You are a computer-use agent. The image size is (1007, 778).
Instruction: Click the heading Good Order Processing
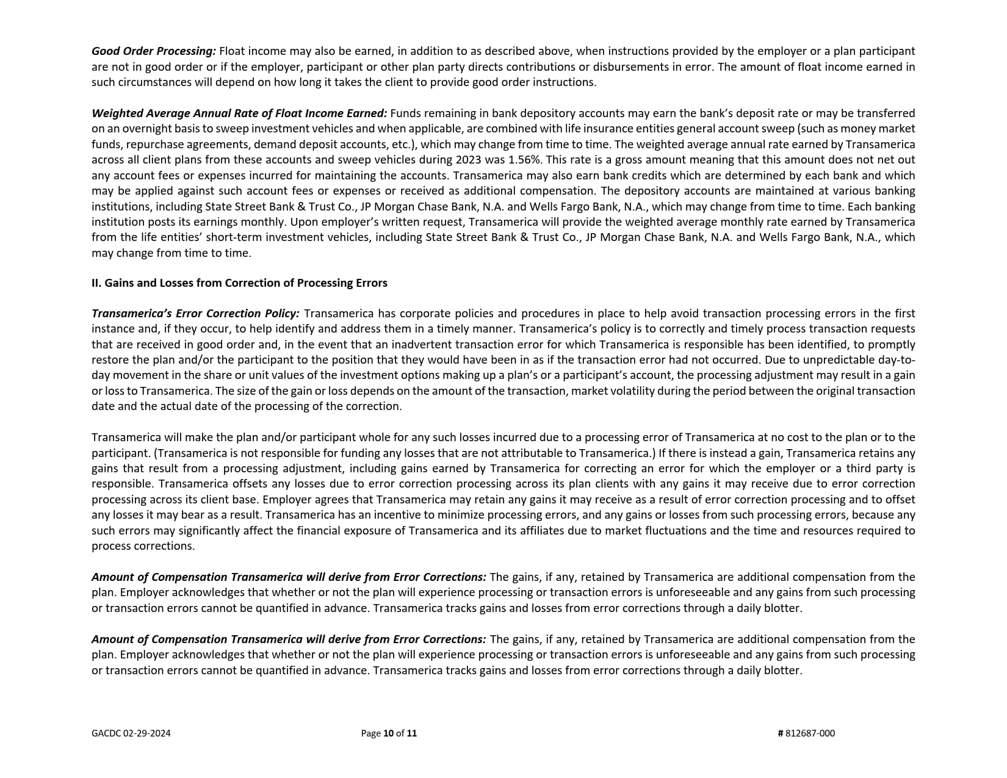(x=154, y=51)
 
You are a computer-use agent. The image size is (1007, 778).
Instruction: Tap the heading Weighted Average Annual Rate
(x=239, y=113)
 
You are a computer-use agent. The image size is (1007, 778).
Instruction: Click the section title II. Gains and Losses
(x=239, y=283)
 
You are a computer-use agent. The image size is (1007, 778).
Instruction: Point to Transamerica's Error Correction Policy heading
(x=195, y=314)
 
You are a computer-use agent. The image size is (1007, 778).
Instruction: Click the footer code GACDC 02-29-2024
(x=131, y=733)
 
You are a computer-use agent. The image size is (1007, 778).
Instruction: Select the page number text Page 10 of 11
(x=389, y=733)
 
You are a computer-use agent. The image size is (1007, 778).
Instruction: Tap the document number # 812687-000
(x=806, y=733)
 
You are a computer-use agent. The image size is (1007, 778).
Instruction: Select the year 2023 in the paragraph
(x=471, y=160)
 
